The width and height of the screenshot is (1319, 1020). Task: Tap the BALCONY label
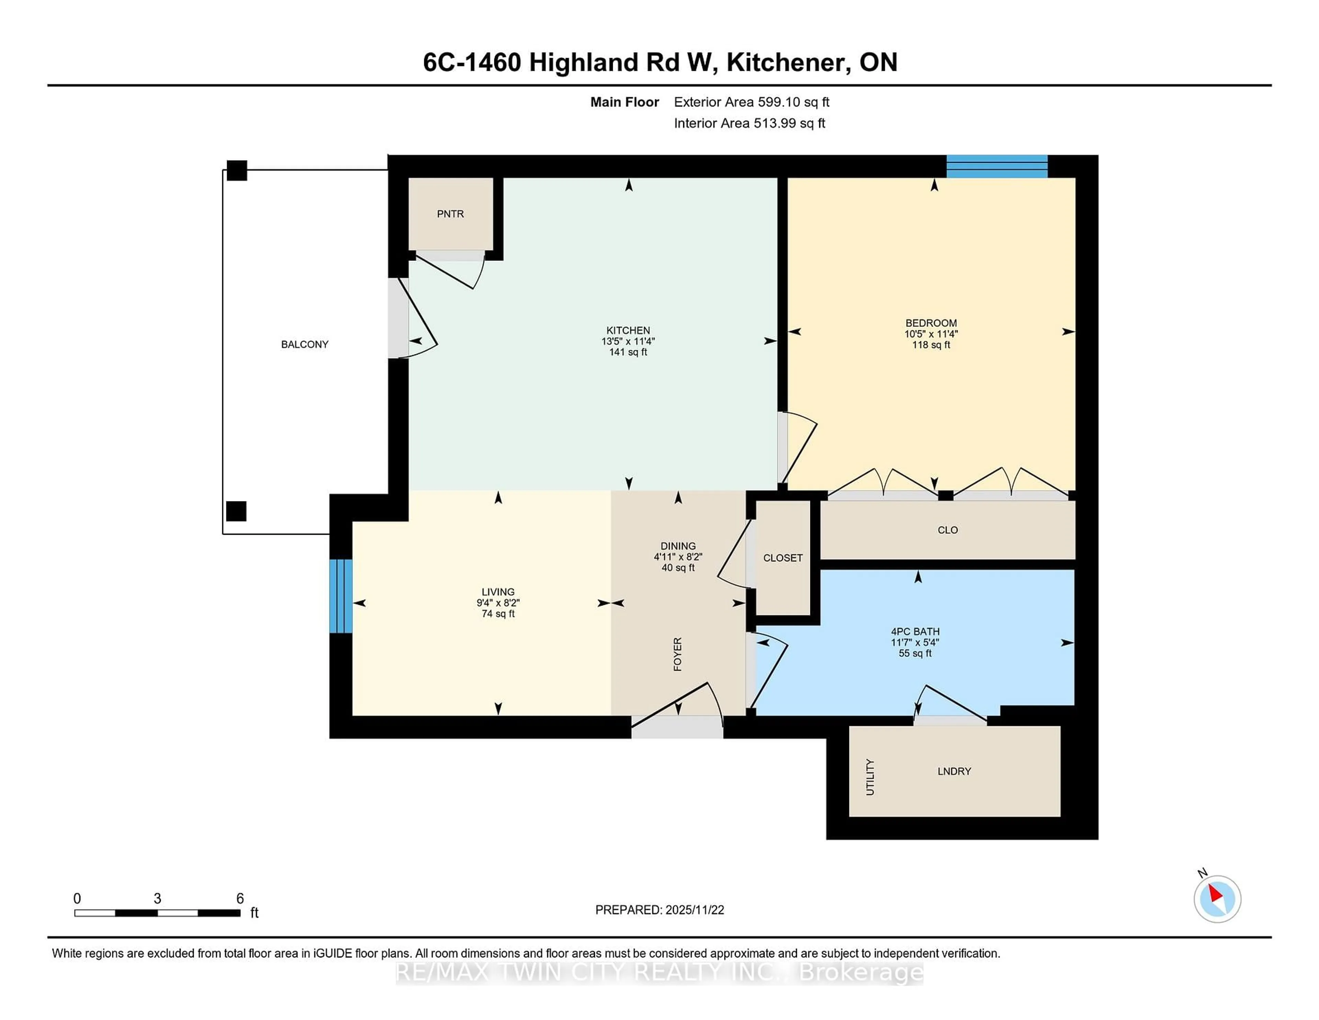pos(304,344)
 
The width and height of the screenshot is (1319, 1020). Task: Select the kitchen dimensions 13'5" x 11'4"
pos(628,341)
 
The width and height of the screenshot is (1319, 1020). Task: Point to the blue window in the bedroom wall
pos(996,166)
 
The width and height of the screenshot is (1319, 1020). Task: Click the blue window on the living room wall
pos(341,596)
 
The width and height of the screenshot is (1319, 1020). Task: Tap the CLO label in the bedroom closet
pos(948,530)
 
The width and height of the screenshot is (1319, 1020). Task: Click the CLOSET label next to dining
pos(783,558)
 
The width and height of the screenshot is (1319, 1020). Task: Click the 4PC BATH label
pos(915,631)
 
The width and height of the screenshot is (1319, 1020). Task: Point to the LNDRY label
pos(954,771)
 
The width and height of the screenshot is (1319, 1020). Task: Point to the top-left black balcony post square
pos(237,170)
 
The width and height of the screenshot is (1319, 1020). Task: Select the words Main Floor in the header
pos(624,102)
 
